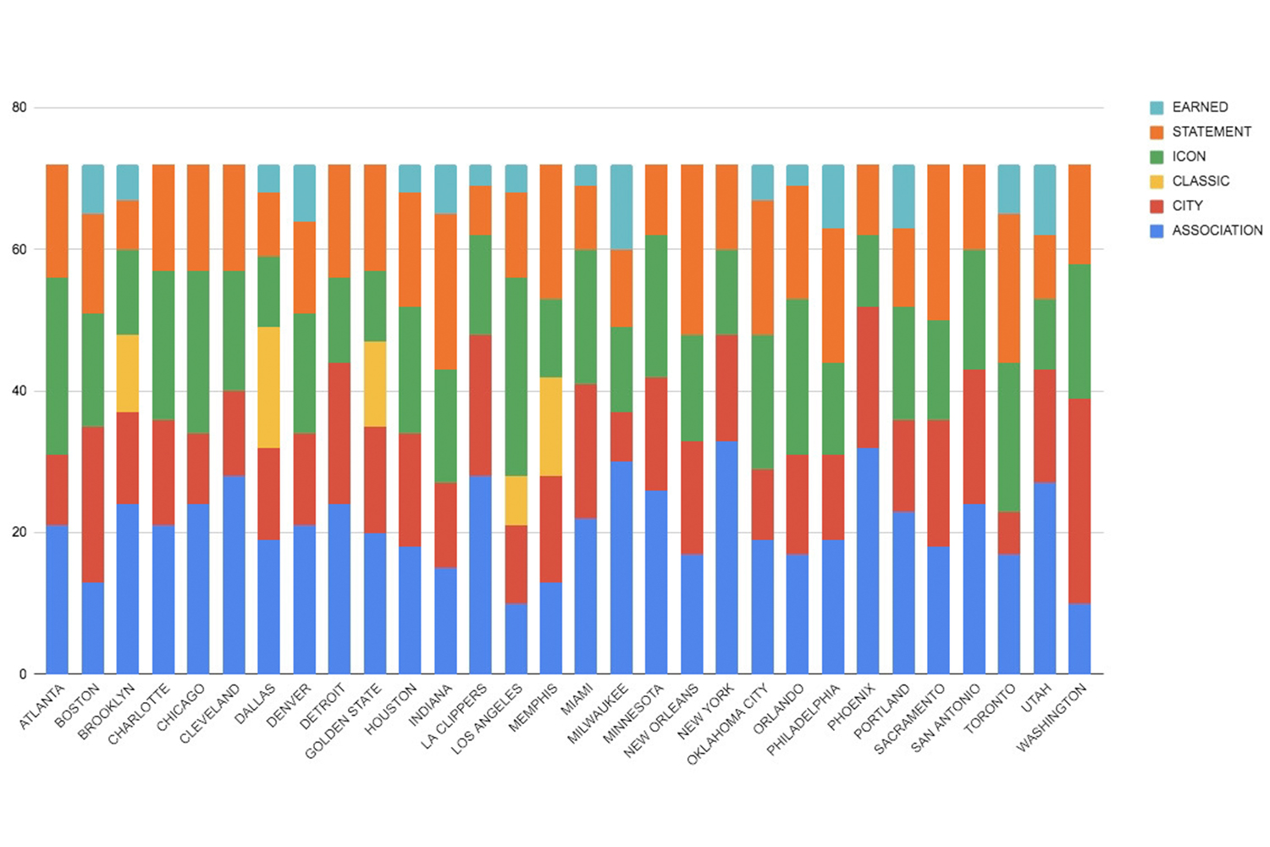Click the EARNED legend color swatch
coord(1157,108)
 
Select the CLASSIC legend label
coord(1200,181)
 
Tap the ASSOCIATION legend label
coord(1217,230)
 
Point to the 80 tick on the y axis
coord(19,108)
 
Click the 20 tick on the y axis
coord(19,533)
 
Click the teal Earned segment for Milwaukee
coord(621,207)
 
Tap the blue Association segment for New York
coord(726,557)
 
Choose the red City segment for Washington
coord(1079,501)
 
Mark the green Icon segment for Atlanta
coord(57,366)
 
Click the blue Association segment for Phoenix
coord(868,561)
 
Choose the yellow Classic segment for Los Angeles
coord(516,501)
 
